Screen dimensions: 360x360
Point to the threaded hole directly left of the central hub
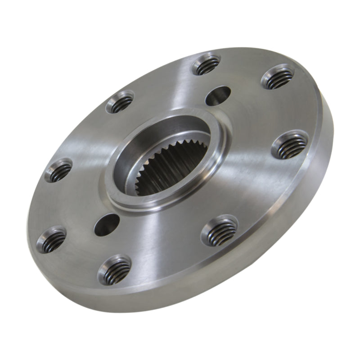[x=59, y=170]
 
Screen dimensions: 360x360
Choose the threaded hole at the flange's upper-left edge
[x=120, y=102]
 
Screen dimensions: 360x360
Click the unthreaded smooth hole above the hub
[x=218, y=95]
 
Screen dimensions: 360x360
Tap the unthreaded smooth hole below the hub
[x=107, y=222]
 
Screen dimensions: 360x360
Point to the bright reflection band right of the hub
[x=252, y=180]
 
